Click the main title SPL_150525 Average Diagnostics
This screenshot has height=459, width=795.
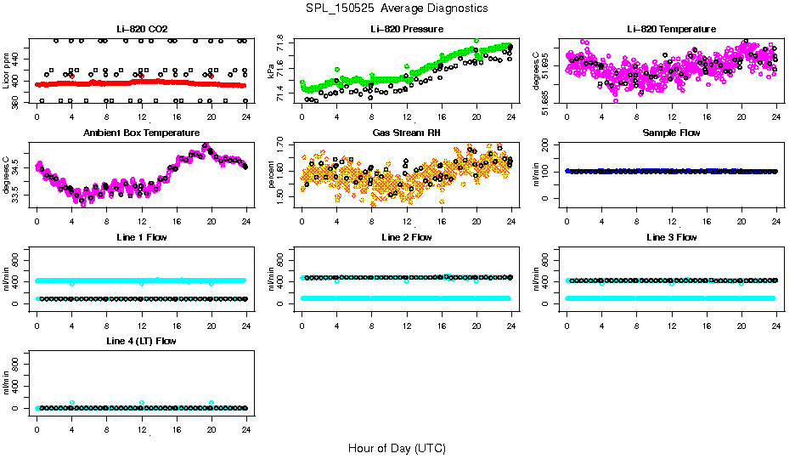click(x=397, y=8)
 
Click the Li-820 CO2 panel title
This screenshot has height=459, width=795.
click(x=141, y=29)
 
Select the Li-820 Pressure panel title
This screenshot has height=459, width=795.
click(x=406, y=29)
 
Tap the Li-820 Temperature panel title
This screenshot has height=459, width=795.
click(x=671, y=29)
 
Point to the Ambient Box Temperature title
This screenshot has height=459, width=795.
click(x=141, y=133)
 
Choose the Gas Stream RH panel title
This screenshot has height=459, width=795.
click(x=406, y=133)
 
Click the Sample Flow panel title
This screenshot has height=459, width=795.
click(x=671, y=133)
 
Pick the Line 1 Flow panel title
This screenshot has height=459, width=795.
click(x=141, y=237)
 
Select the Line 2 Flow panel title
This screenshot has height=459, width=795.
click(x=406, y=237)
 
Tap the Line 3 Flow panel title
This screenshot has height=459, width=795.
click(x=671, y=237)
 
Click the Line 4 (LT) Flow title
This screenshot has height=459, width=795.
click(x=141, y=341)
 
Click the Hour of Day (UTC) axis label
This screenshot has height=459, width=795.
click(x=397, y=448)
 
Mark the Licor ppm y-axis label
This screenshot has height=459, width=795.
click(x=7, y=71)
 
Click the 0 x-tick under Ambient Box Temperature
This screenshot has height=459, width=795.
click(x=37, y=221)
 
